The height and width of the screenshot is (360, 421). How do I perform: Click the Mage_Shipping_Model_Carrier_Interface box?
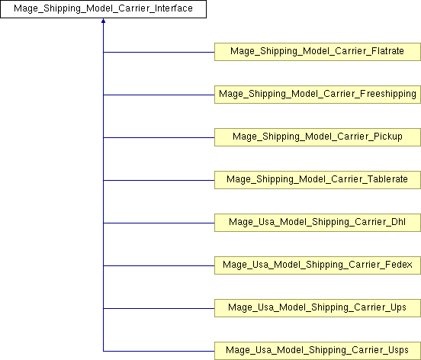pos(104,9)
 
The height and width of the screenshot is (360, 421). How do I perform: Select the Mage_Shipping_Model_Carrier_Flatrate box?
pos(317,52)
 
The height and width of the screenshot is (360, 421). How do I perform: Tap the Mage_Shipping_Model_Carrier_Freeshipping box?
pos(317,95)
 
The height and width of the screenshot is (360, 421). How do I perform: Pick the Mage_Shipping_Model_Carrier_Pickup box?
pos(317,137)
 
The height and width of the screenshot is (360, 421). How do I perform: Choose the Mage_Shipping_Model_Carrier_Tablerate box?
pos(317,180)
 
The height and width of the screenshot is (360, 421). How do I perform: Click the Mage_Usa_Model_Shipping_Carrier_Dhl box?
pos(317,223)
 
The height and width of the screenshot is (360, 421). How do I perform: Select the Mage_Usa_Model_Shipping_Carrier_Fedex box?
pos(317,265)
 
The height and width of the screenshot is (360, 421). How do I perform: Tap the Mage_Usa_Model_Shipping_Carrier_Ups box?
pos(317,308)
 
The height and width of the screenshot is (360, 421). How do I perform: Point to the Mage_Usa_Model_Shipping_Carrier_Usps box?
pos(317,351)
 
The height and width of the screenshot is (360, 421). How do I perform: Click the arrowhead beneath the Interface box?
pos(104,21)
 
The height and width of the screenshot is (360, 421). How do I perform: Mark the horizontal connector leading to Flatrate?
pos(159,52)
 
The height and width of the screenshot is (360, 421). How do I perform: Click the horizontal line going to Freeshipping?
pos(159,95)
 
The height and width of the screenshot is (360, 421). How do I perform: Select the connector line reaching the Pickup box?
pos(159,137)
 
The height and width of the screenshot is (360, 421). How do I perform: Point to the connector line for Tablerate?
pos(159,180)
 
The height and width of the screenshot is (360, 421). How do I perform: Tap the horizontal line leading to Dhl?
pos(159,223)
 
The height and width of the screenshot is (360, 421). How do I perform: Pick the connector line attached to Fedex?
pos(159,265)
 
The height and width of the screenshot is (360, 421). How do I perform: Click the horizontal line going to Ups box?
pos(159,308)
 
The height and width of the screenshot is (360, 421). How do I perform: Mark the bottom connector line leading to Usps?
pos(159,351)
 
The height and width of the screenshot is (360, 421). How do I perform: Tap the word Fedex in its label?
pos(398,265)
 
